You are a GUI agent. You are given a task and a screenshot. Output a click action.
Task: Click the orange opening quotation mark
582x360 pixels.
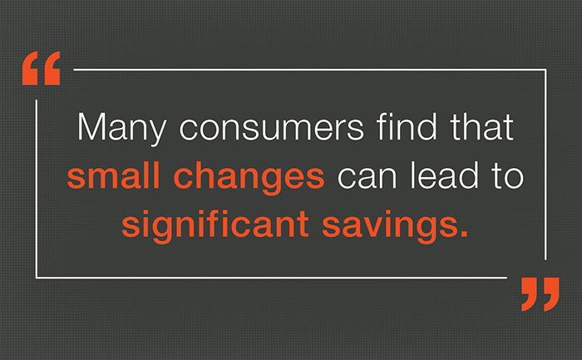(42, 70)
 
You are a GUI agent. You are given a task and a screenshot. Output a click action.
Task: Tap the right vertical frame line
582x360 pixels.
(545, 166)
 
